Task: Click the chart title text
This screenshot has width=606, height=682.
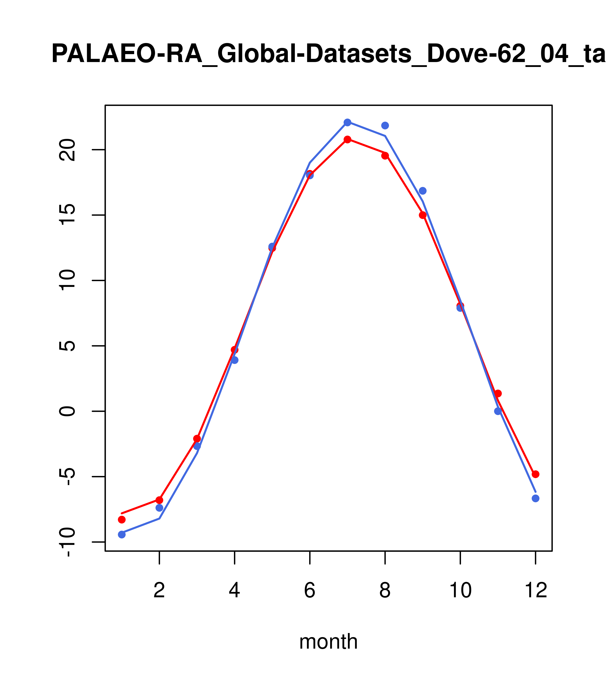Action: pos(328,54)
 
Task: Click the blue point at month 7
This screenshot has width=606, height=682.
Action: pos(347,122)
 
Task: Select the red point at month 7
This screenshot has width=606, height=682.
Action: pos(347,139)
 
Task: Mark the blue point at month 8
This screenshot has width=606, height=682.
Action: pos(385,125)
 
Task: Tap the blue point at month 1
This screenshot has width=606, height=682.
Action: pos(122,535)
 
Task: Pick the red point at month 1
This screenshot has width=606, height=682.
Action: pos(122,519)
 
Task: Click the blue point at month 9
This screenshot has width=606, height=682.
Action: pos(423,191)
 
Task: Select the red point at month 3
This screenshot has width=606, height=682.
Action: pos(197,438)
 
